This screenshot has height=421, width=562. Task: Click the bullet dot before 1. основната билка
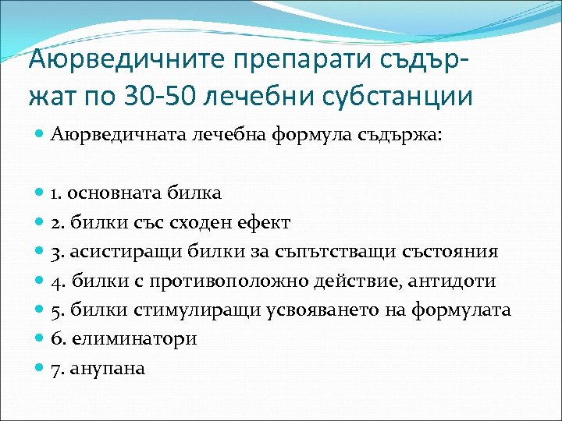[41, 193]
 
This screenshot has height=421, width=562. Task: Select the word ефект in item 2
[264, 222]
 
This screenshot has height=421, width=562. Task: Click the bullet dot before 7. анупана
[41, 368]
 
